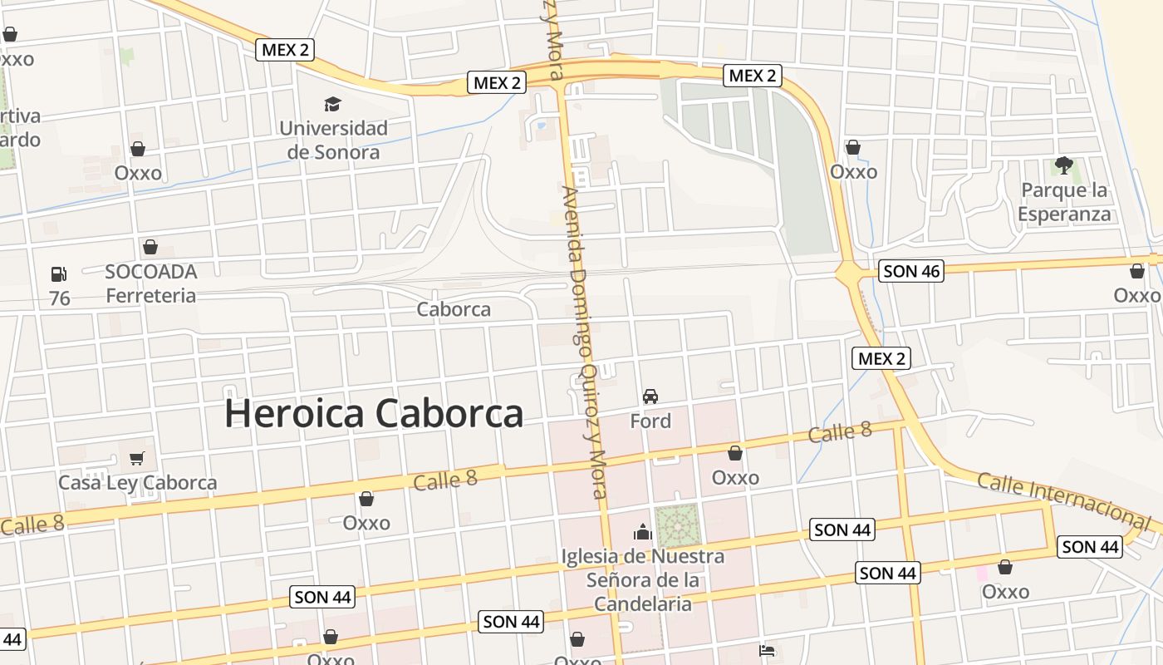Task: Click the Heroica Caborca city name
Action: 374,413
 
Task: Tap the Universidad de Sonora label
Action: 333,140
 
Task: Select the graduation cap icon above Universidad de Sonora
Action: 332,104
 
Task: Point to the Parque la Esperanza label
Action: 1064,202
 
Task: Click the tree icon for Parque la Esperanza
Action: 1063,165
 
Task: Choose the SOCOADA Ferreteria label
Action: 151,283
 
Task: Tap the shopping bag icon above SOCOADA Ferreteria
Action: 150,247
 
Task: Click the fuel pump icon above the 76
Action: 59,273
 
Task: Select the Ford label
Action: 650,421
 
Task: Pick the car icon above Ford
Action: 650,396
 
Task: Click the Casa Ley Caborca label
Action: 137,482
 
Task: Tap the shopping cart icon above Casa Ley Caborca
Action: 137,458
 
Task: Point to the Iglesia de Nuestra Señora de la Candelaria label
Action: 642,579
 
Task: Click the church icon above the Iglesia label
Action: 642,532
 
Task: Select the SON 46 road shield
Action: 911,270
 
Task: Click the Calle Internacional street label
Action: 1063,498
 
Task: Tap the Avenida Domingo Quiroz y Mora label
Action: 586,341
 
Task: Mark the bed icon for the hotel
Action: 767,650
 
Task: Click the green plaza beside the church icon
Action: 677,526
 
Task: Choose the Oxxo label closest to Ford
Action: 735,477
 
